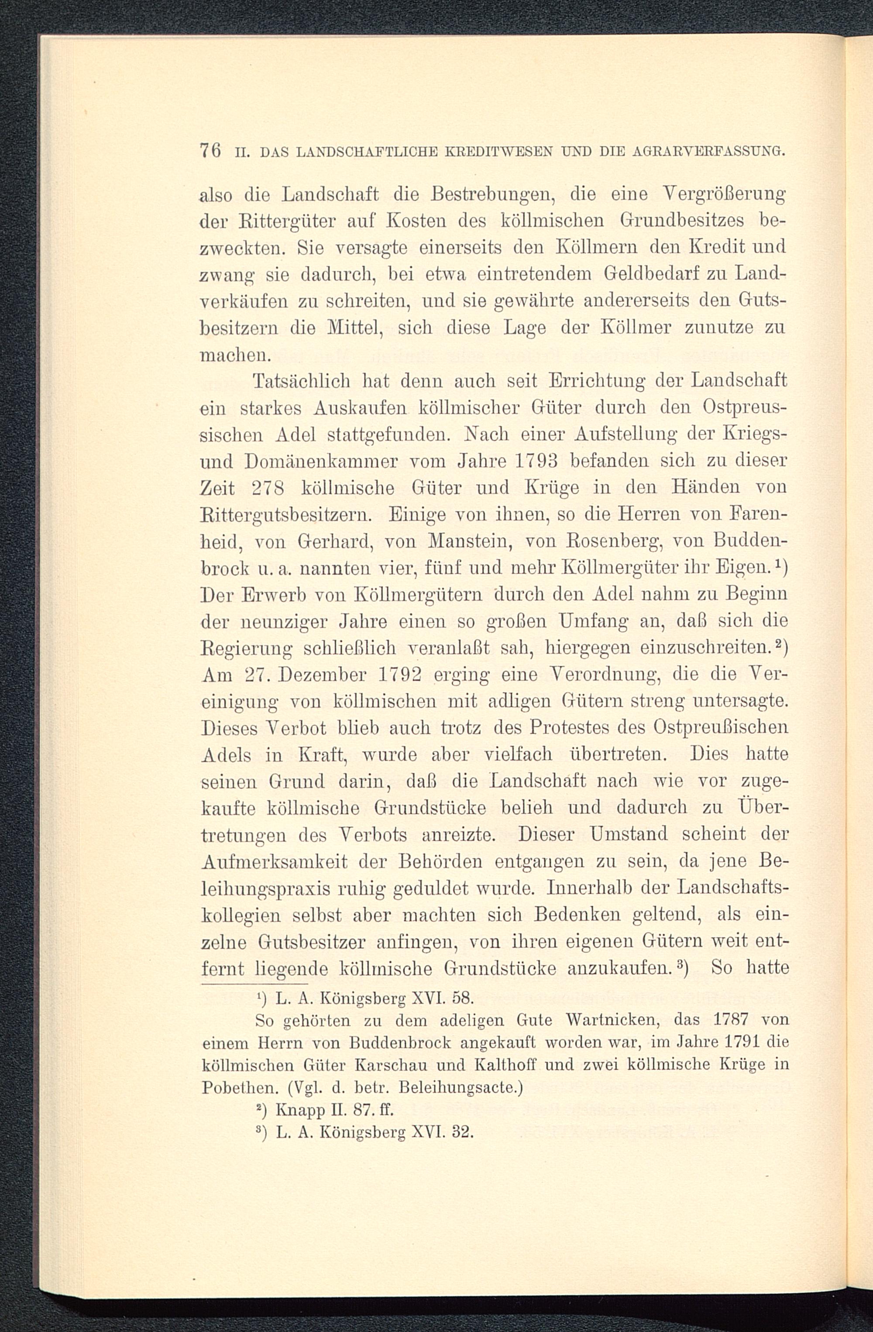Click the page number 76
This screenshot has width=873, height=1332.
pos(210,151)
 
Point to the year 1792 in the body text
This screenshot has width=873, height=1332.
pos(399,675)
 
